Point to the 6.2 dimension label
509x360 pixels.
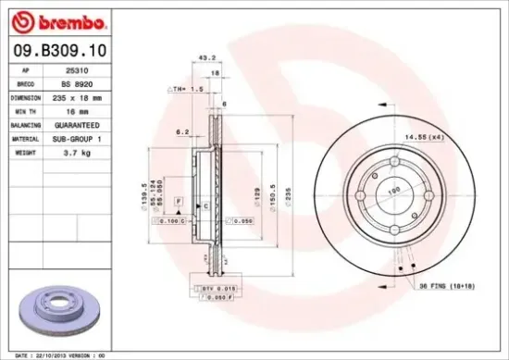[x=183, y=132]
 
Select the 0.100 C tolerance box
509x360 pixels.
[x=172, y=222]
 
